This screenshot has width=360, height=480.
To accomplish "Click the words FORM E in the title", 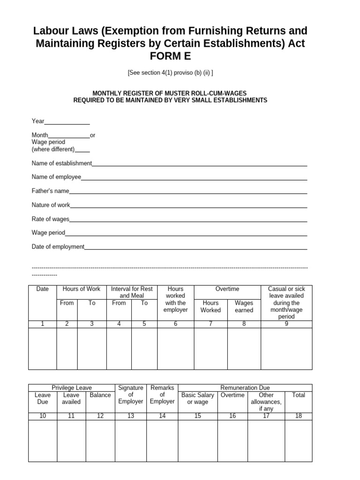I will pyautogui.click(x=170, y=56).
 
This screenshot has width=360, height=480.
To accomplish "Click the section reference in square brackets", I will pyautogui.click(x=170, y=73).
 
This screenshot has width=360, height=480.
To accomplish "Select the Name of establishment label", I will pyautogui.click(x=62, y=163).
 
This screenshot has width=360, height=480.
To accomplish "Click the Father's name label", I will pyautogui.click(x=50, y=191).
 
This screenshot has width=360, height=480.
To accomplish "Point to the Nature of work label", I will pyautogui.click(x=51, y=205).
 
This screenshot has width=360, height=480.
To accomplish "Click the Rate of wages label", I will pyautogui.click(x=50, y=219).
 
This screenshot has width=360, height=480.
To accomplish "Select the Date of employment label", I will pyautogui.click(x=58, y=247).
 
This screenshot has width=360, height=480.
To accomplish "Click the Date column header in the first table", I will pyautogui.click(x=43, y=289).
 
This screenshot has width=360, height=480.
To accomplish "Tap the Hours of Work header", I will pyautogui.click(x=82, y=289).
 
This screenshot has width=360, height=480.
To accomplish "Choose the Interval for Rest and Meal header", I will pyautogui.click(x=132, y=292).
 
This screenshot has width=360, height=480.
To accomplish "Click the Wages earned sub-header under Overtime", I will pyautogui.click(x=244, y=307).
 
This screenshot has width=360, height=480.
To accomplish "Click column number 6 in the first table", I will pyautogui.click(x=175, y=324).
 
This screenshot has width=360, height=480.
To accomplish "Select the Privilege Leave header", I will pyautogui.click(x=72, y=388).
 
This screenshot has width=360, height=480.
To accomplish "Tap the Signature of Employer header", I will pyautogui.click(x=131, y=395).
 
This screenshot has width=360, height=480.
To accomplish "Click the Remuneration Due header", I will pyautogui.click(x=245, y=388).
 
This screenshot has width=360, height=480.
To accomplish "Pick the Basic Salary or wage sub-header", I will pyautogui.click(x=198, y=398).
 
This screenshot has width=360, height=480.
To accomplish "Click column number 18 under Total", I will pyautogui.click(x=299, y=416).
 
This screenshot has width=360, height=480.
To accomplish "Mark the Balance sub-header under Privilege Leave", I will pyautogui.click(x=100, y=395).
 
